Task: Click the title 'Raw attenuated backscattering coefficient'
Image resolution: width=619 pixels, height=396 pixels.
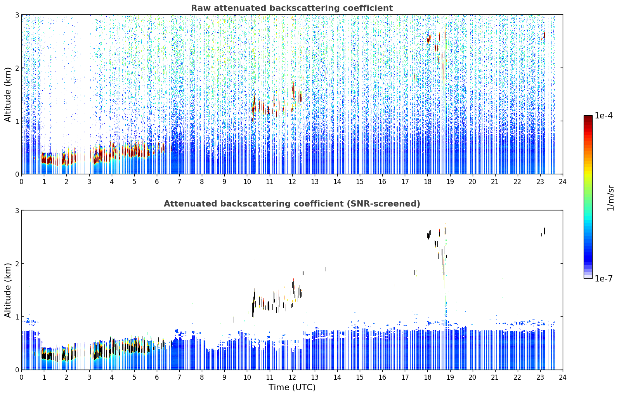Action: pos(292,8)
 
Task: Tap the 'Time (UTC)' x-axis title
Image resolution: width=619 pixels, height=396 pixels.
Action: pos(292,387)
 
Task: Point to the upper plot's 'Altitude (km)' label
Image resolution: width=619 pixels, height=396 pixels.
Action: pos(8,95)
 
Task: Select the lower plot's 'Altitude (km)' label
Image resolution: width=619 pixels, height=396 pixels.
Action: pos(8,290)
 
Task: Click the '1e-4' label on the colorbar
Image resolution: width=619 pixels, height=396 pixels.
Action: pos(603,116)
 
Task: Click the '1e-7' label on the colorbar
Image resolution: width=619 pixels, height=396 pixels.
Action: pos(603,278)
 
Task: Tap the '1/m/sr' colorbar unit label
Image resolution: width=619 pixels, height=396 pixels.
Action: pos(610,198)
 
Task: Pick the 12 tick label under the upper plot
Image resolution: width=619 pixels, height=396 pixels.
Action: pos(292,182)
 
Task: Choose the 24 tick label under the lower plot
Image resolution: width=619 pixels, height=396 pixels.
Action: pos(563,377)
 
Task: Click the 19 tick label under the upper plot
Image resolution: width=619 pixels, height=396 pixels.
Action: pos(450,182)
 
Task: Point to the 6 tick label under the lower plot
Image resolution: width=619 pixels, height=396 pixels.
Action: pos(157,377)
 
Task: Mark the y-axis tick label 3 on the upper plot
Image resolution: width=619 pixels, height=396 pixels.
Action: pos(17,15)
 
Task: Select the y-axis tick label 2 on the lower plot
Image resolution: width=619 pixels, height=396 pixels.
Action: pos(17,264)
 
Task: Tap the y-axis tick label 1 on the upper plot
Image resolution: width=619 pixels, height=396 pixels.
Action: pos(17,121)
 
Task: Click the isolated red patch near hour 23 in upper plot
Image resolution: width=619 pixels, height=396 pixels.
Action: pos(544,35)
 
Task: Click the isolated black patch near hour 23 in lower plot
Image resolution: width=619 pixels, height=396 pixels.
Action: pos(544,231)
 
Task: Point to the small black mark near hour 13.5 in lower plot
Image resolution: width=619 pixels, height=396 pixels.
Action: pos(326,269)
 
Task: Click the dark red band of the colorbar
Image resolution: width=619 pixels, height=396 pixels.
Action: pos(588,119)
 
